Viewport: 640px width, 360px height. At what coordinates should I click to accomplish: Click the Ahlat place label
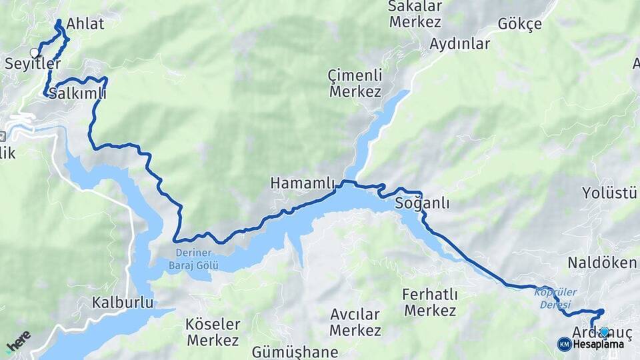[x=85, y=24]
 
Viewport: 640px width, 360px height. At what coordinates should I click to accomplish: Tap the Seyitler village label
[x=33, y=65]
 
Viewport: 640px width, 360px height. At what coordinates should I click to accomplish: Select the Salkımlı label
[x=77, y=93]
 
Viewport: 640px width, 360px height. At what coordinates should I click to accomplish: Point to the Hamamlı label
[x=302, y=183]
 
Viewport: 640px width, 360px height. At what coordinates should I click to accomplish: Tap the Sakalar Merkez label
[x=415, y=15]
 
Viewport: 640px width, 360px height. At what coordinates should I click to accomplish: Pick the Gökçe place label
[x=520, y=25]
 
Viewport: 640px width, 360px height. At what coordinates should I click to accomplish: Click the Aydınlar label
[x=460, y=45]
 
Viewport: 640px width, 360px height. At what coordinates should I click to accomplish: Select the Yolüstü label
[x=609, y=193]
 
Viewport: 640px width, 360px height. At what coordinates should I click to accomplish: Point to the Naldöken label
[x=602, y=263]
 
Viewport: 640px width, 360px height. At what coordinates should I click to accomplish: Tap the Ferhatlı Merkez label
[x=430, y=302]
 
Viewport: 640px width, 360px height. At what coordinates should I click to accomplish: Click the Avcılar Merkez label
[x=355, y=322]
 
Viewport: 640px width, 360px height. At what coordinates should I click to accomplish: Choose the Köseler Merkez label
[x=213, y=332]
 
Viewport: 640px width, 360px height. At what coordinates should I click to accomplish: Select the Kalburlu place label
[x=123, y=303]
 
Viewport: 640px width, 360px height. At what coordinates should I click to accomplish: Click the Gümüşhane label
[x=295, y=352]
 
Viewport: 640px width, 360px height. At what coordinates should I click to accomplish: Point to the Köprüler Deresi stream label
[x=555, y=298]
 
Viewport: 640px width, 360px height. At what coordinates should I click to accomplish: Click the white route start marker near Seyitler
[x=34, y=53]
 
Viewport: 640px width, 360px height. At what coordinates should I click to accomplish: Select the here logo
[x=18, y=341]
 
